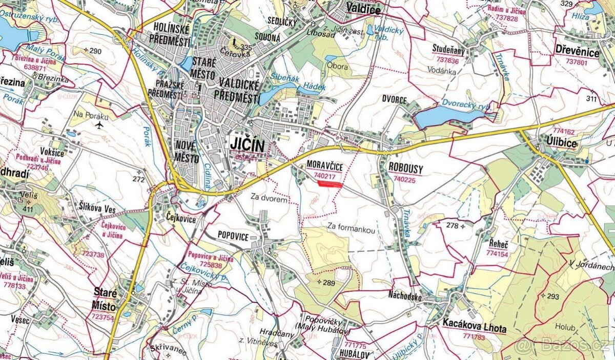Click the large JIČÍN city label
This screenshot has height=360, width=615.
point(247,145)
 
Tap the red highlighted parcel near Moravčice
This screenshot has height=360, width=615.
point(329,184)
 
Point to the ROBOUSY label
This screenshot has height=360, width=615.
point(405,167)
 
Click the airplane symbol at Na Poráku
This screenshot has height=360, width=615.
point(99,125)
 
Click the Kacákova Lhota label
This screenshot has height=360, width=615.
point(474,329)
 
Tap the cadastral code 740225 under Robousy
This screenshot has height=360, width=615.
point(405,180)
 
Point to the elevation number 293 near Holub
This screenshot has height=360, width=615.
point(552,297)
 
